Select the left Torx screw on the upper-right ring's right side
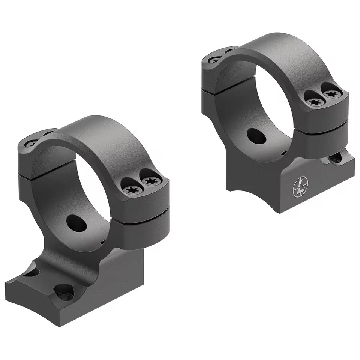(x=313, y=101)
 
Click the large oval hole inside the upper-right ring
(x=257, y=136)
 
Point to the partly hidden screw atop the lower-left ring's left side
(x=32, y=142)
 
